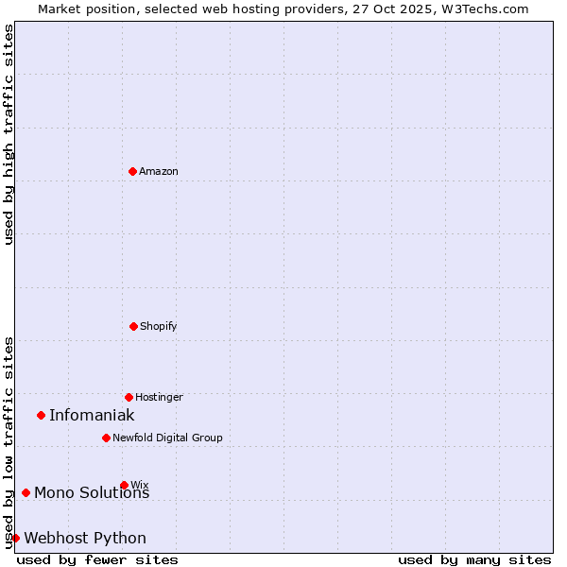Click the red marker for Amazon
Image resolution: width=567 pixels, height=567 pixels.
[132, 171]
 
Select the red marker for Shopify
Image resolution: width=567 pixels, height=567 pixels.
[133, 326]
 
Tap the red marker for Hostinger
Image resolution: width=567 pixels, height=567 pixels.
[129, 397]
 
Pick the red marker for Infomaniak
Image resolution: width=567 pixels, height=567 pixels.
[41, 415]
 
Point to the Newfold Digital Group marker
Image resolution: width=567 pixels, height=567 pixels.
[106, 438]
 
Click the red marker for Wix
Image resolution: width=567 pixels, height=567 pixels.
[124, 485]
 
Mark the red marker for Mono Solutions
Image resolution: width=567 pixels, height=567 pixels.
[26, 492]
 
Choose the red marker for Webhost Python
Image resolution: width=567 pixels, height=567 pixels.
[15, 538]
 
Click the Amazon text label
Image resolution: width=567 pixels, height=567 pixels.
[159, 171]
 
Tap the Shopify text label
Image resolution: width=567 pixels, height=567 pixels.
[159, 326]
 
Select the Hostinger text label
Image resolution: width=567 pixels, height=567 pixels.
[159, 397]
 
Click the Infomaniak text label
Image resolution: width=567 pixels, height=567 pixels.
[92, 415]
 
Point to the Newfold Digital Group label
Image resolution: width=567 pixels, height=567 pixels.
[167, 438]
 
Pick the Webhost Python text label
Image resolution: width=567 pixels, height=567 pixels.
[85, 538]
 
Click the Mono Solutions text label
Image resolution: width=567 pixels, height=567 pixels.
[92, 493]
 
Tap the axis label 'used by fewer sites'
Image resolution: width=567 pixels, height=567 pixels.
[97, 559]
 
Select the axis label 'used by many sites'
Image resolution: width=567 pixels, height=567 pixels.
[474, 559]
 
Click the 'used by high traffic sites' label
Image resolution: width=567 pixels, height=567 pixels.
[9, 134]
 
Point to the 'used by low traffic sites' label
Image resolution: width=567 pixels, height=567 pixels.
[9, 441]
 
